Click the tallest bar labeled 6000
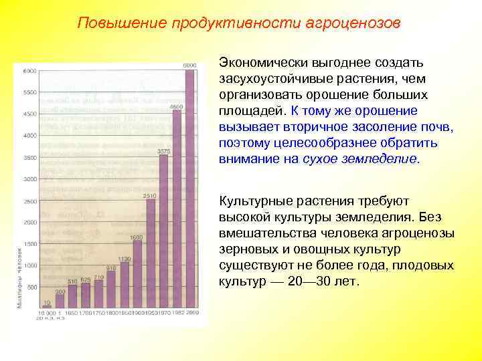point(189,187)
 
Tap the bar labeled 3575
point(163,231)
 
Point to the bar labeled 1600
point(137,274)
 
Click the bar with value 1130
point(124,284)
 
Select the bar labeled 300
point(60,302)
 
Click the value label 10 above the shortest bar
point(46,302)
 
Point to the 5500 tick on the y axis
point(29,92)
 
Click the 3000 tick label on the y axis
point(29,179)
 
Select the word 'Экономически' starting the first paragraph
point(261,63)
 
